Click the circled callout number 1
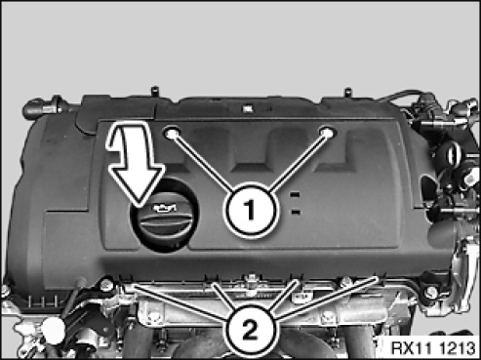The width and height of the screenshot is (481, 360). pos(251,210)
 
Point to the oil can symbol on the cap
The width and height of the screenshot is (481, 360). pos(165,208)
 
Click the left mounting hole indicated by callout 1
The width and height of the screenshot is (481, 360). pos(172,133)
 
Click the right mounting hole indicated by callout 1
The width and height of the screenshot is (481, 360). pos(327,133)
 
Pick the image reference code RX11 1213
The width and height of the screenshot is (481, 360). pos(433,348)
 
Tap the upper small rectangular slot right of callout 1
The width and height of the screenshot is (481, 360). pos(295,194)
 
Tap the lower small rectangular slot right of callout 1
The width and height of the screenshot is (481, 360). pos(296,213)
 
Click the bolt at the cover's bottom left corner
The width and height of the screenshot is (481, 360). pos(105,285)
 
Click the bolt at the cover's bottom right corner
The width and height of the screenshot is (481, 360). pos(431,292)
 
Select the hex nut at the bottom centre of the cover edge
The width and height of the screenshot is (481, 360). pos(251,279)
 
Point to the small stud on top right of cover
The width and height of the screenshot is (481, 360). pos(347,92)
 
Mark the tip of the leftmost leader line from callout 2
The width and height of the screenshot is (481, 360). pos(134,285)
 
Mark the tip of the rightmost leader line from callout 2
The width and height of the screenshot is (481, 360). pos(378,277)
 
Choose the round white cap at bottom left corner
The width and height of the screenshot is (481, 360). pos(53,331)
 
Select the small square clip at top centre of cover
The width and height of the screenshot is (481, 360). pos(248,107)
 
